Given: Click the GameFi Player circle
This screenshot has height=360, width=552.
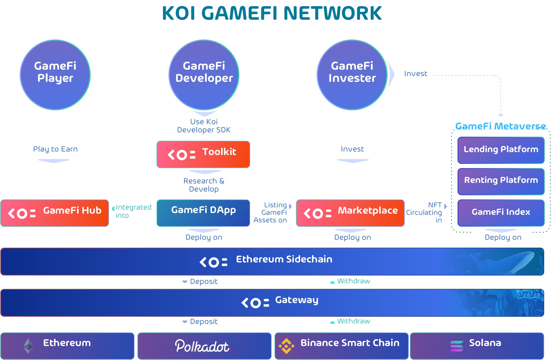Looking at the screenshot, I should (55, 75).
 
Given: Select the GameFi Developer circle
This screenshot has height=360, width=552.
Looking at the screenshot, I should (204, 75).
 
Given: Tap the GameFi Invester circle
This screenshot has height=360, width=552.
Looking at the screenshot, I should (352, 75).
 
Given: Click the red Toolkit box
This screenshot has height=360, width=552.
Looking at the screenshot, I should (203, 154).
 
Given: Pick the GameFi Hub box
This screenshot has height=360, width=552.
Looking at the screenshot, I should (55, 213).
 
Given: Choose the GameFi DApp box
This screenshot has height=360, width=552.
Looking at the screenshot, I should (203, 213).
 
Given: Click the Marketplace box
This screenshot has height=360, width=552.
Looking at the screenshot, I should (350, 213).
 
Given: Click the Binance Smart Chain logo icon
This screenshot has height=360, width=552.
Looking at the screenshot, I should (286, 346).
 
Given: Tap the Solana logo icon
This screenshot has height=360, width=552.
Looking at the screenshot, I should (457, 346).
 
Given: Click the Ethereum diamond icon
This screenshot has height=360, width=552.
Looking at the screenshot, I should (28, 346).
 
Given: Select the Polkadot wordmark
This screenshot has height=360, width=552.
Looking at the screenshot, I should (203, 346).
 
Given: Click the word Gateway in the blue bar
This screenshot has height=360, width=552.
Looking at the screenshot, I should (297, 300).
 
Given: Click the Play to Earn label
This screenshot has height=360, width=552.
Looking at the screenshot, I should (55, 149).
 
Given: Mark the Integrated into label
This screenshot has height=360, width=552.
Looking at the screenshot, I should (133, 211).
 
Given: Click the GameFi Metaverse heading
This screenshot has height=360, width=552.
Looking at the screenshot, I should (500, 126).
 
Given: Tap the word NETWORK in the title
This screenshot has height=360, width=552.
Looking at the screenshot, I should (332, 13).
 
